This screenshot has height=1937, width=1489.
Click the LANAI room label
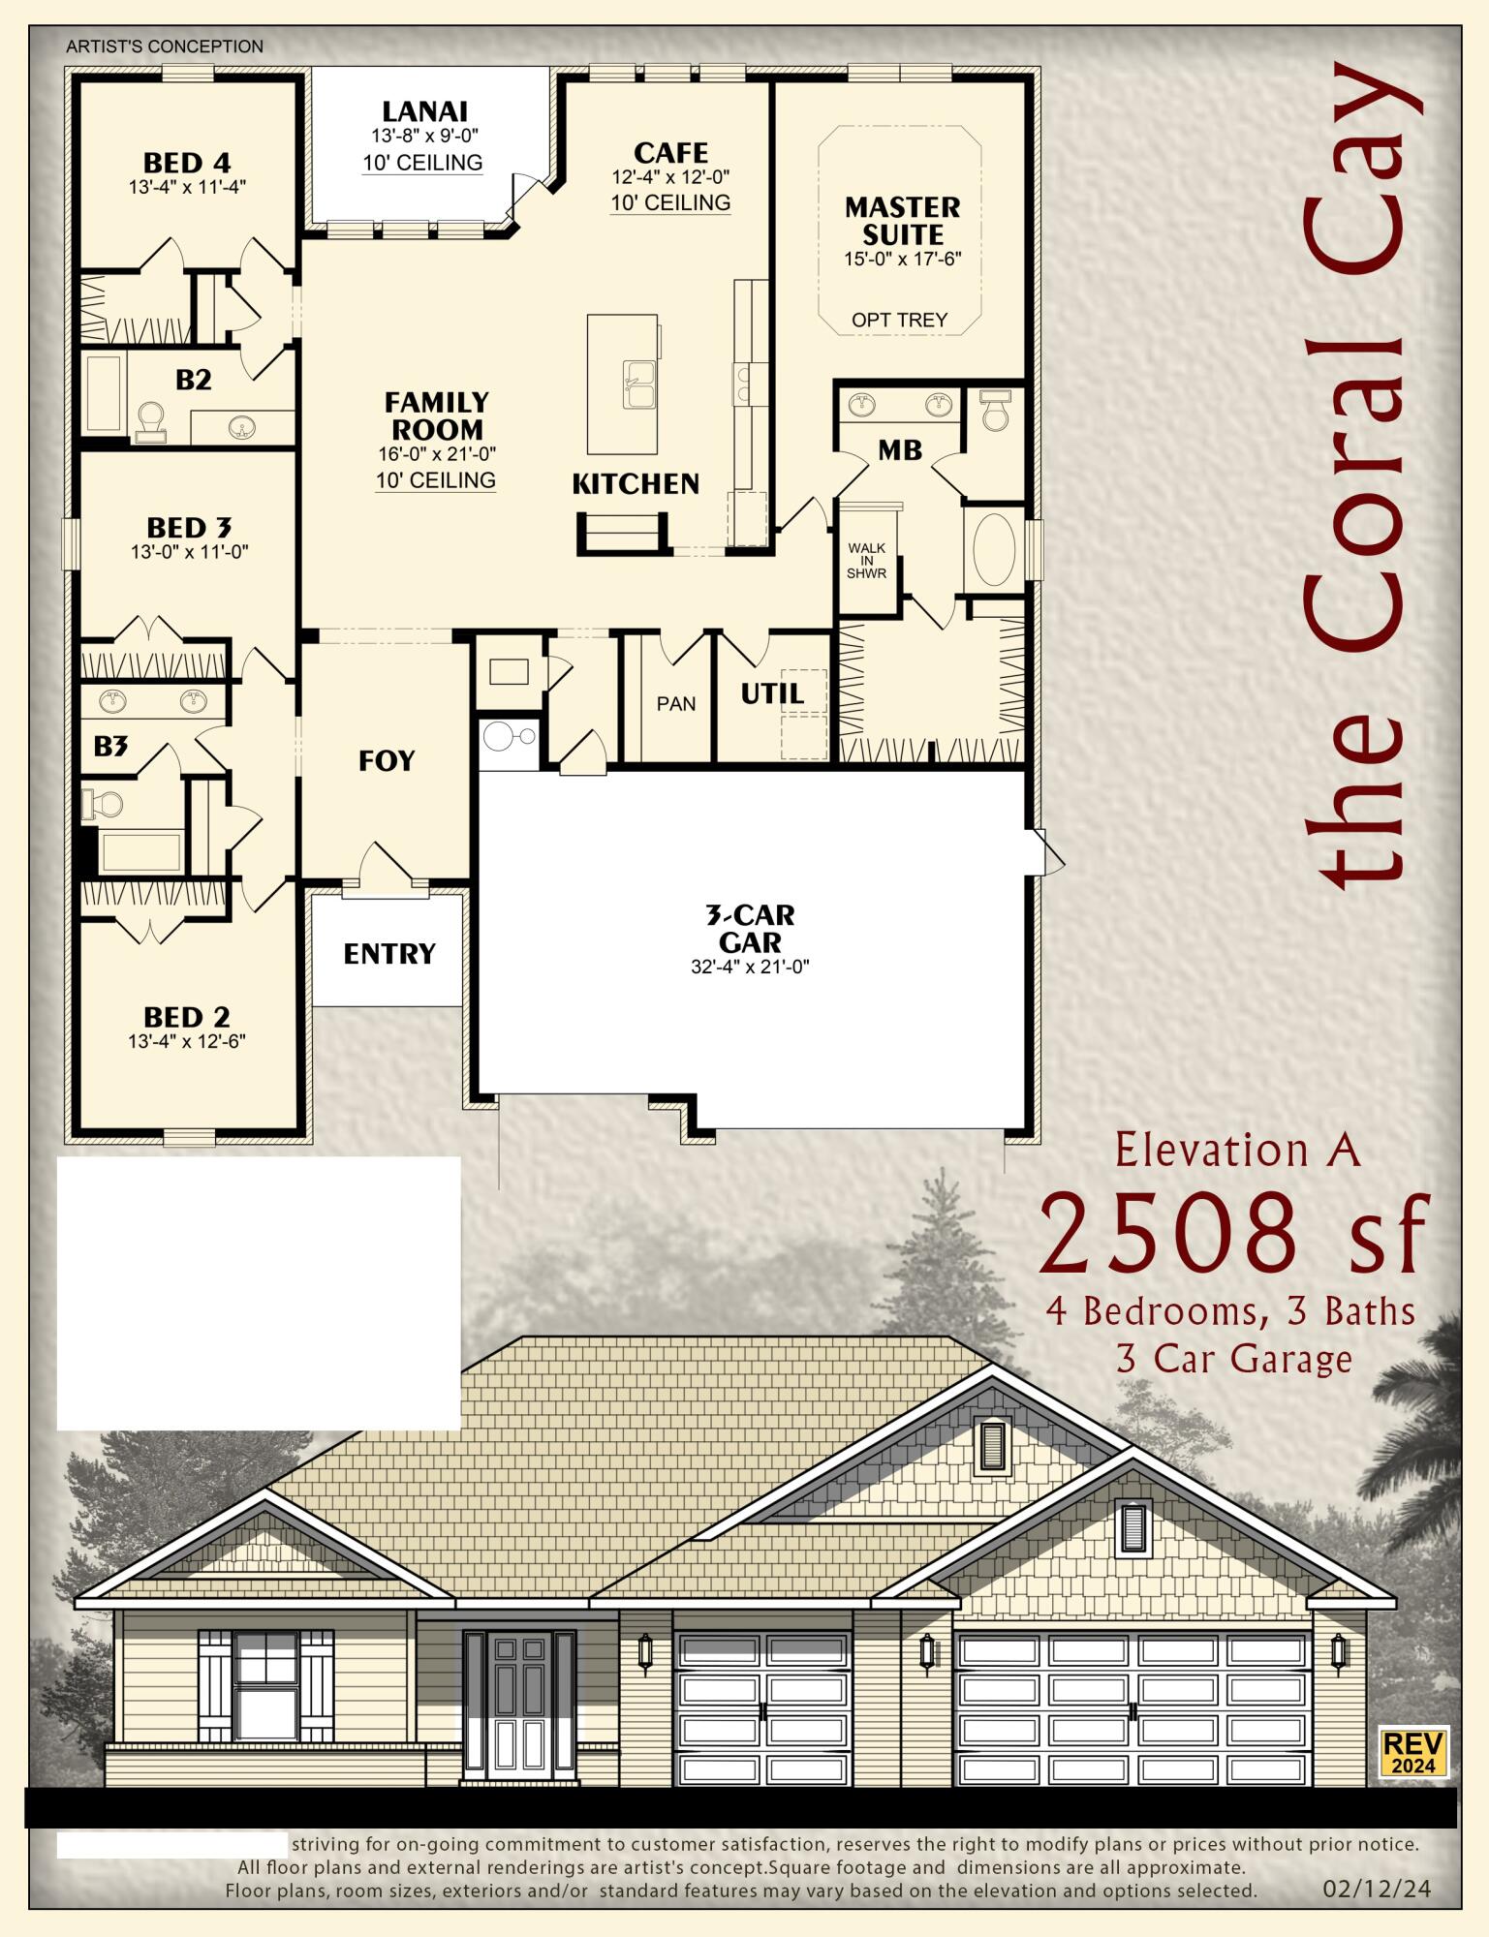click(x=424, y=111)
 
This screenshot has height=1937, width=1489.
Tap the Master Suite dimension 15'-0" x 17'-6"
click(x=902, y=260)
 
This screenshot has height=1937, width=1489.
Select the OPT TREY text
click(x=899, y=320)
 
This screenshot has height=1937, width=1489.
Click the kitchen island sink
click(x=638, y=384)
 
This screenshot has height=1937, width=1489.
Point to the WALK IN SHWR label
click(x=866, y=561)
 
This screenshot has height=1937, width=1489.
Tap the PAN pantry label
click(x=675, y=704)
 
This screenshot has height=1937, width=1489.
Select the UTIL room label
click(x=771, y=693)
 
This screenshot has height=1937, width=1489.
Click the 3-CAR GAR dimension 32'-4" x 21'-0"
click(x=750, y=967)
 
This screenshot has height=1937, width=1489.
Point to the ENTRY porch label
click(x=389, y=954)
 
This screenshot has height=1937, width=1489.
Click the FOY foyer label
click(x=387, y=761)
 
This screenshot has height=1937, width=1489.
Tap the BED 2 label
click(x=187, y=1017)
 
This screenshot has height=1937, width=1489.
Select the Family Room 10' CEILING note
click(x=436, y=480)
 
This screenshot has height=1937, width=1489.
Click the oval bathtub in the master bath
click(x=993, y=549)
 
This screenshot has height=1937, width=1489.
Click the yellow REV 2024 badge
click(x=1413, y=1752)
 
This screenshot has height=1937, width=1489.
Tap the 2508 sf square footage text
click(x=1233, y=1235)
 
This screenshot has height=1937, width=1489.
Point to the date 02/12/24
click(x=1377, y=1889)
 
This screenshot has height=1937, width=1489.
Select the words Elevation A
click(x=1237, y=1151)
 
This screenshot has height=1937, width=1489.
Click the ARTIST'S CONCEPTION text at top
click(x=165, y=46)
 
